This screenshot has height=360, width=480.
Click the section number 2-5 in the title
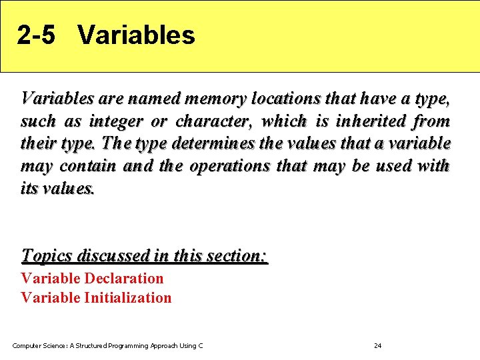click(36, 35)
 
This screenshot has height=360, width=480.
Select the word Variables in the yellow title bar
click(136, 35)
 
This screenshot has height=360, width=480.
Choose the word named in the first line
click(154, 99)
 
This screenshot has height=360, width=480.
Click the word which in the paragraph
click(284, 122)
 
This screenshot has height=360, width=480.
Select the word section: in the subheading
click(237, 255)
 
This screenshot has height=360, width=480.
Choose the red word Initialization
click(127, 298)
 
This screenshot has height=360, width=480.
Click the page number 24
click(377, 345)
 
